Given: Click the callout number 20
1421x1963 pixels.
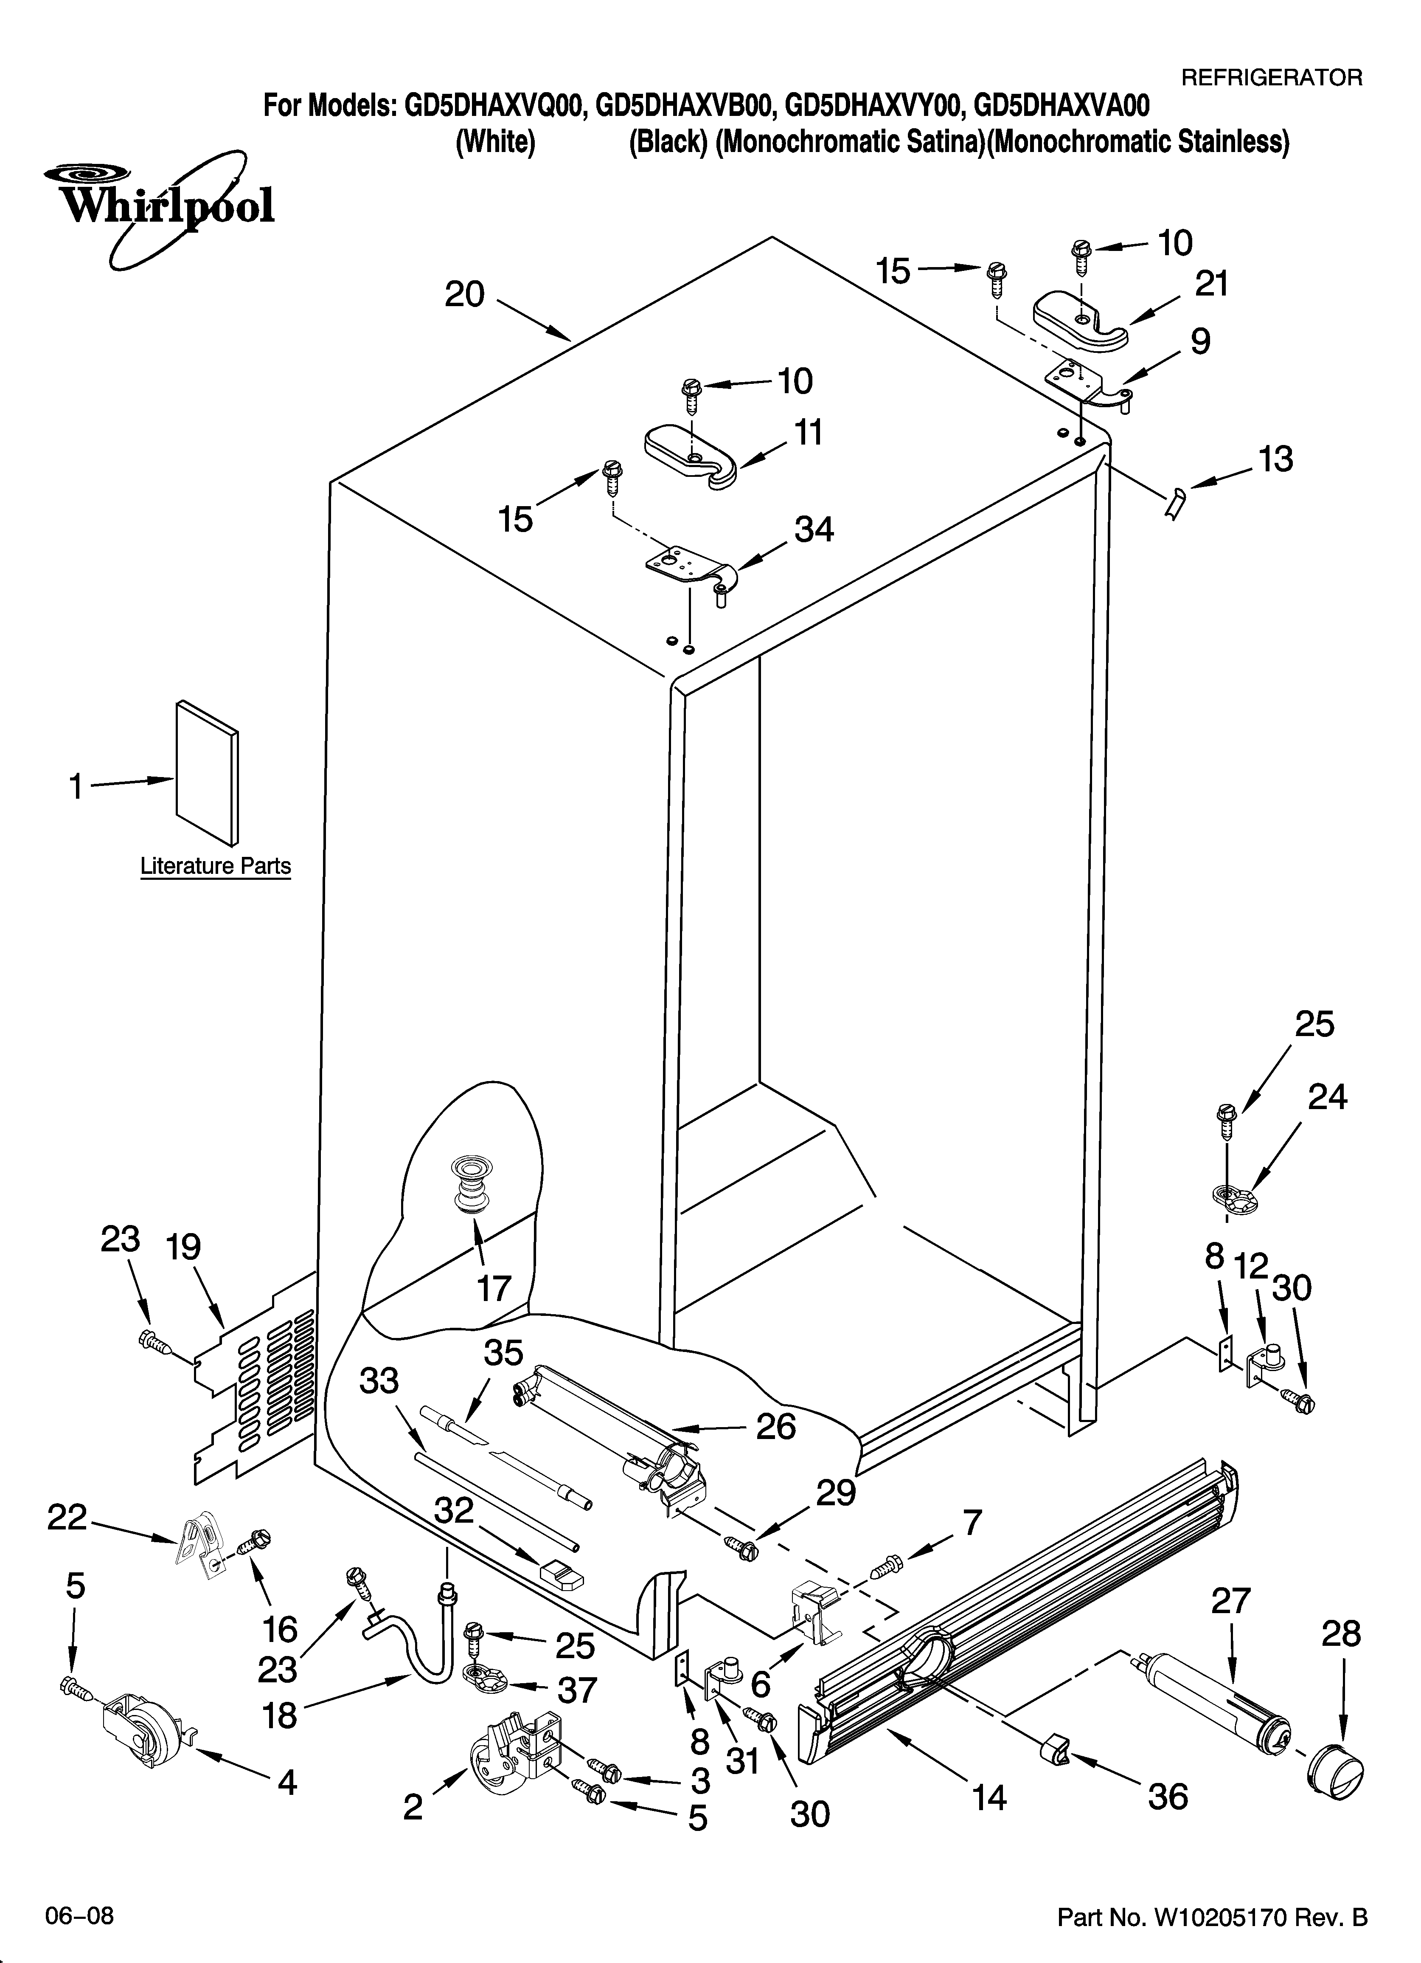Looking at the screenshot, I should coord(465,295).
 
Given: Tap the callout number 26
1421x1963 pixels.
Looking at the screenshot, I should coord(775,1426).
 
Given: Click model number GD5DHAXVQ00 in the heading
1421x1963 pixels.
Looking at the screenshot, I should coord(496,107).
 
